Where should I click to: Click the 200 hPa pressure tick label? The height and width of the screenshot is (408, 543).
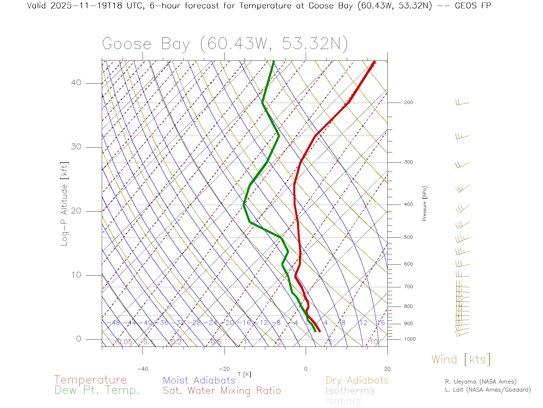click(x=408, y=103)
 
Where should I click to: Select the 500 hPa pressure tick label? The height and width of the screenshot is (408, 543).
click(x=408, y=237)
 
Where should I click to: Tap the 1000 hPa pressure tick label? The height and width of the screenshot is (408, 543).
click(x=410, y=339)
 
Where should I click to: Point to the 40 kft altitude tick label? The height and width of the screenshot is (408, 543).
click(x=76, y=83)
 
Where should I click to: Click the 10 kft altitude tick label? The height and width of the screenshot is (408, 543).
click(x=76, y=275)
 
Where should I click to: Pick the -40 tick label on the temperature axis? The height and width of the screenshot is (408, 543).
click(x=143, y=369)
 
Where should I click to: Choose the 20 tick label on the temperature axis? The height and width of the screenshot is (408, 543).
click(x=387, y=369)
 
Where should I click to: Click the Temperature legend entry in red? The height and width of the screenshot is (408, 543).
click(x=90, y=380)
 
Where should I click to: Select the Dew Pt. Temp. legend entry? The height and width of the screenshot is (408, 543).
click(x=97, y=390)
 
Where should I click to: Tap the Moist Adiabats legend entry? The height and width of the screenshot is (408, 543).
click(x=199, y=381)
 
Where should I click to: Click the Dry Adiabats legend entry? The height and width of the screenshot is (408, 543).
click(x=357, y=381)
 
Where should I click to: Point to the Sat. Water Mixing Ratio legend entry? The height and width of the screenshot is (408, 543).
click(x=222, y=391)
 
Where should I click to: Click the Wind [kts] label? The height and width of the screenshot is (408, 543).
click(x=461, y=360)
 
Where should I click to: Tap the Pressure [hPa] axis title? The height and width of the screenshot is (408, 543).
click(x=425, y=203)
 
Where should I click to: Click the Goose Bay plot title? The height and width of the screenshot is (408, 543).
click(x=225, y=44)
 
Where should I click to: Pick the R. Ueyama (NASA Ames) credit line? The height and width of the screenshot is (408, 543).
click(x=480, y=382)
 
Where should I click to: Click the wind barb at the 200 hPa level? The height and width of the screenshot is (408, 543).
click(x=463, y=103)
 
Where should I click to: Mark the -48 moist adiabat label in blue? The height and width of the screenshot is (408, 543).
click(x=114, y=323)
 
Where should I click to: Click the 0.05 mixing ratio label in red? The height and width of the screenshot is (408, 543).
click(x=125, y=342)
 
